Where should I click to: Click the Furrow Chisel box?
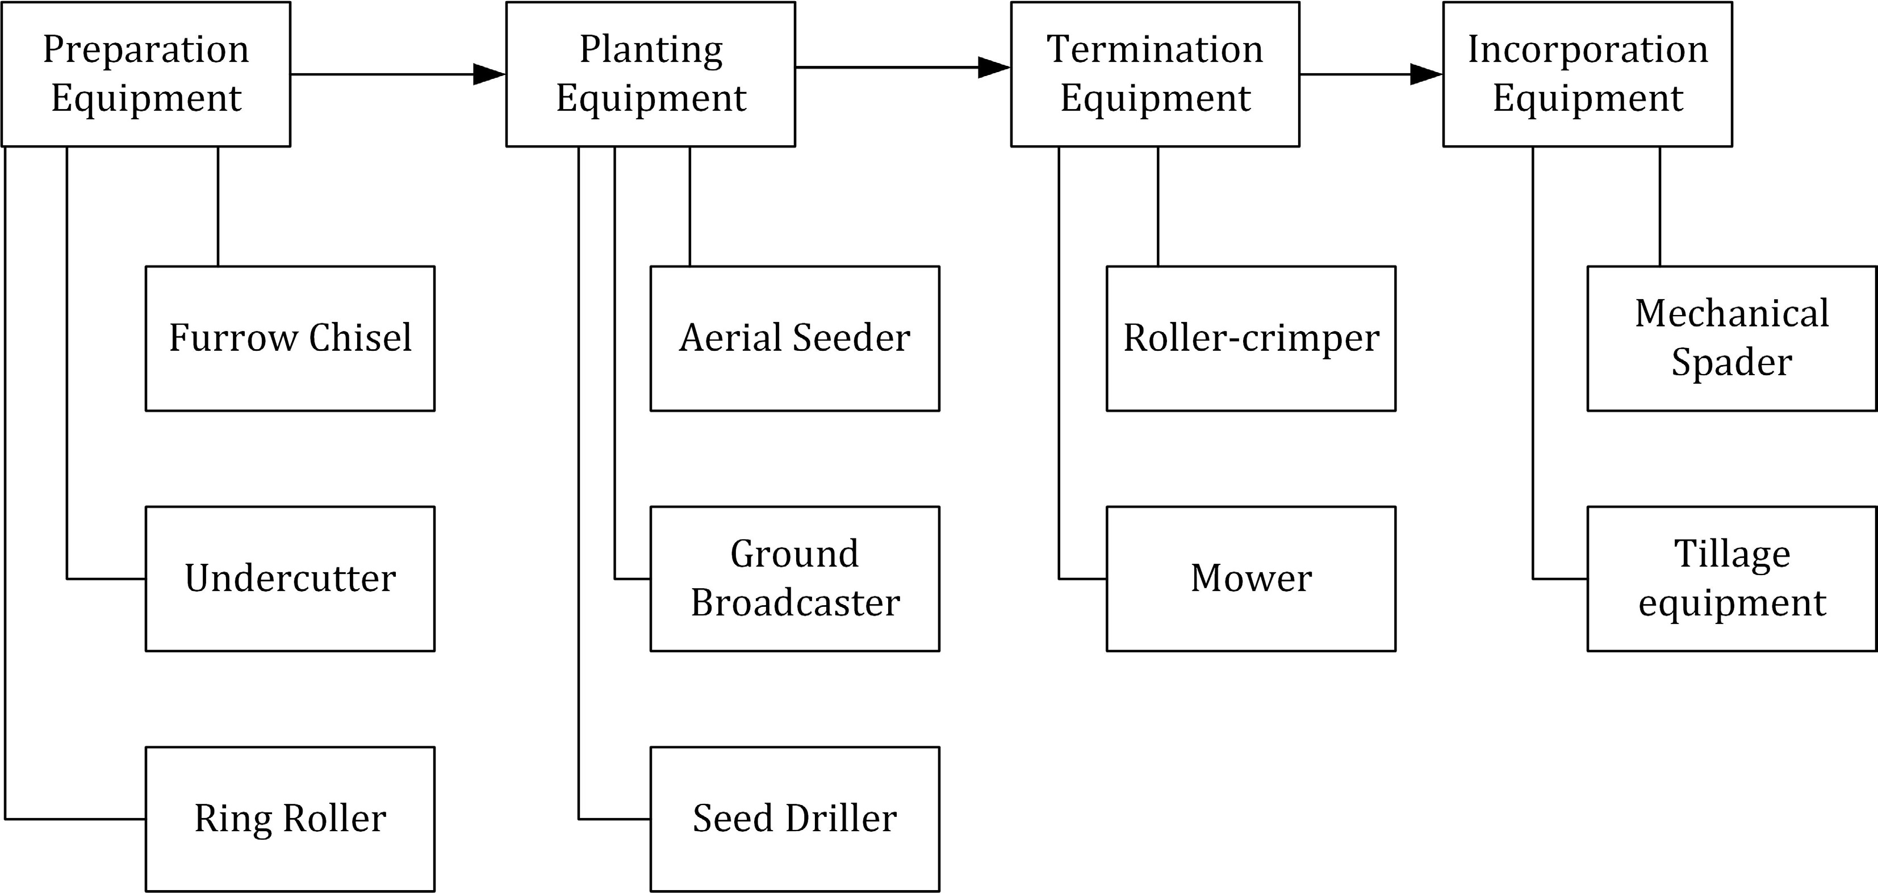click(290, 338)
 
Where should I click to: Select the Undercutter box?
click(290, 579)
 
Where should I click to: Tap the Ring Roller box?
click(290, 819)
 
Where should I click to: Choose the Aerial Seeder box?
click(794, 338)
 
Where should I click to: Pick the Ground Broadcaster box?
click(794, 579)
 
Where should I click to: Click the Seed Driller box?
click(794, 819)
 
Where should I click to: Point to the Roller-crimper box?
click(1251, 338)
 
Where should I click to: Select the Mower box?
click(1251, 579)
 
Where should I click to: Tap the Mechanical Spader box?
click(1731, 338)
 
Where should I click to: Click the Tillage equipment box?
click(1731, 579)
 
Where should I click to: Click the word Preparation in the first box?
click(146, 49)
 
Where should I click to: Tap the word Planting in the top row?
click(651, 49)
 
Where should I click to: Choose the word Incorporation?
click(1588, 49)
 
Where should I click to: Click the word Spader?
click(1731, 362)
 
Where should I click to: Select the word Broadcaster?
click(794, 603)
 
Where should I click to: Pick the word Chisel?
click(360, 338)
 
